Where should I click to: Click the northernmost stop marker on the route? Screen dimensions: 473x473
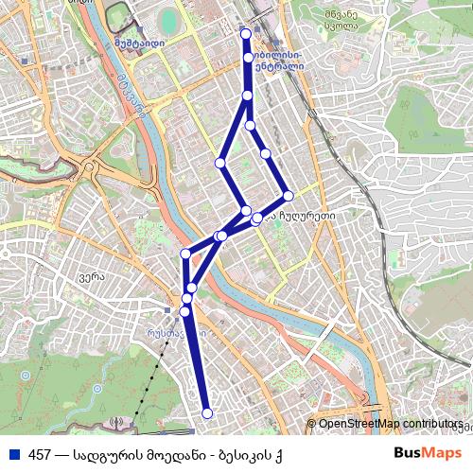click(x=247, y=34)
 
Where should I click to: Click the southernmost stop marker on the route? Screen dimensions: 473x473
click(x=207, y=413)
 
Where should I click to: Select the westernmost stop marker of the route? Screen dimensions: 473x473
click(x=184, y=254)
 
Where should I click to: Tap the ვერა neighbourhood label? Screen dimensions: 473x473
click(x=91, y=277)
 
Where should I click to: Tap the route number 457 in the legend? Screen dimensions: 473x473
click(x=40, y=455)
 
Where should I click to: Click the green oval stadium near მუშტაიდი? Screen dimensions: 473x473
click(x=169, y=20)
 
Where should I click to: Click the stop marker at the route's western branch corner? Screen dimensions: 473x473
click(x=220, y=163)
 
